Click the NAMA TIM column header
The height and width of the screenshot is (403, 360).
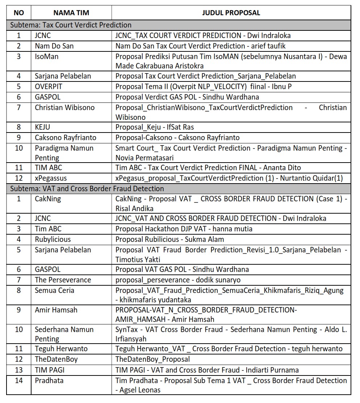(71, 13)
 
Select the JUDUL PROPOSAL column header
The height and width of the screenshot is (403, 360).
(231, 13)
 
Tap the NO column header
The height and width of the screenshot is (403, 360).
(19, 13)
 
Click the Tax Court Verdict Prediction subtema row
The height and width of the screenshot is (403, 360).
(71, 25)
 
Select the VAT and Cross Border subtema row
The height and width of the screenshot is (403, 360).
(87, 189)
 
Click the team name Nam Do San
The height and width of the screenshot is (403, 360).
(49, 46)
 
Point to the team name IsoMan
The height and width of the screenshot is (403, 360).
(46, 56)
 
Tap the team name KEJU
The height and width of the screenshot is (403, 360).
(42, 127)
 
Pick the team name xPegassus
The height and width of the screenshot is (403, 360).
(51, 178)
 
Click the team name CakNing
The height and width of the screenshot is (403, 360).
(48, 199)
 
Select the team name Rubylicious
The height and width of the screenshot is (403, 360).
(53, 239)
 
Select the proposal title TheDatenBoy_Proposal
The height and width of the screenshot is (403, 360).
(152, 359)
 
